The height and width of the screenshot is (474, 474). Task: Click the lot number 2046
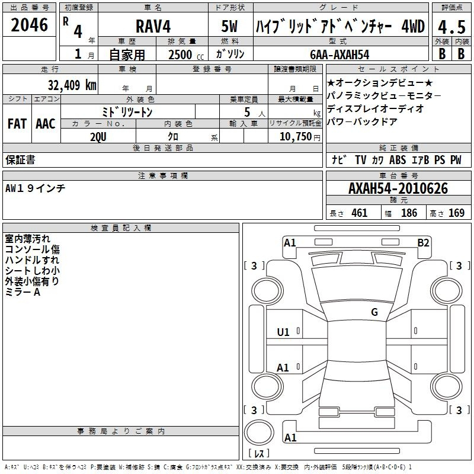tap(29, 25)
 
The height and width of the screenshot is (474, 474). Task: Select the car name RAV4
tap(153, 26)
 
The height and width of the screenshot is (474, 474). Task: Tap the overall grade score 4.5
tap(451, 27)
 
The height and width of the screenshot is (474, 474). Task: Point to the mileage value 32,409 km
tap(72, 85)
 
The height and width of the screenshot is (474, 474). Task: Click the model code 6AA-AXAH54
tap(340, 55)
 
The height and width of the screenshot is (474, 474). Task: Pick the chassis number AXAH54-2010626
tap(398, 188)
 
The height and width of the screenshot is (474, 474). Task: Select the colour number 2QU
tap(98, 137)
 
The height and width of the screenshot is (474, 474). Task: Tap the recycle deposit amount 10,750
tap(296, 137)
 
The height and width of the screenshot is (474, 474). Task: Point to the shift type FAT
tap(17, 124)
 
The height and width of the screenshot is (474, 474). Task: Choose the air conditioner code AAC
tap(46, 124)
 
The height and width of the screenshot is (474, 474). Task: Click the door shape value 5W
tap(229, 26)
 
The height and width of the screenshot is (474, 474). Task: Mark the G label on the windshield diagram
tap(374, 312)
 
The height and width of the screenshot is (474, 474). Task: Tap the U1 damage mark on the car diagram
tap(283, 332)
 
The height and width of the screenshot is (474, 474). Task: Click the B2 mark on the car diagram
tap(423, 243)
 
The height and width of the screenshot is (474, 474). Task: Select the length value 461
tap(360, 213)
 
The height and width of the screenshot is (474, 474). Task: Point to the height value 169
tap(456, 213)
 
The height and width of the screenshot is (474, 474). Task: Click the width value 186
tap(409, 213)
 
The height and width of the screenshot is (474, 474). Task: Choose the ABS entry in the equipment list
tap(397, 160)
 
